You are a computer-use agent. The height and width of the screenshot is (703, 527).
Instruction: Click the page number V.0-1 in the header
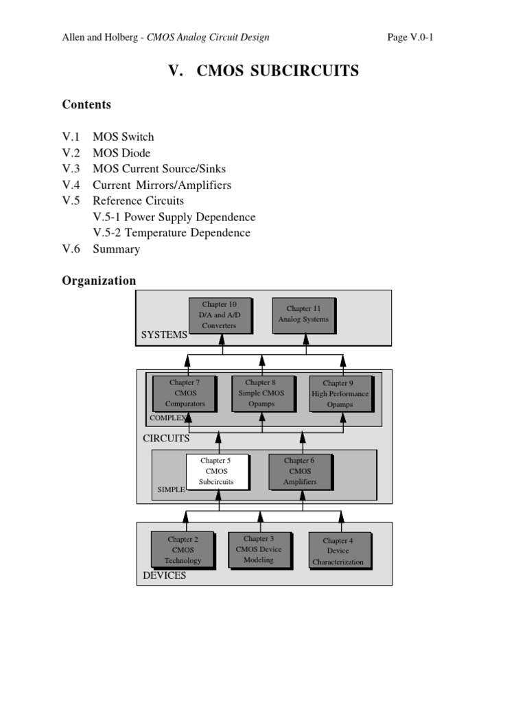410,37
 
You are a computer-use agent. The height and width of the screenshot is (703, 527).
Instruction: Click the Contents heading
86,104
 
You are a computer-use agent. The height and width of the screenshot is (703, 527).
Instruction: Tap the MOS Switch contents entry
124,137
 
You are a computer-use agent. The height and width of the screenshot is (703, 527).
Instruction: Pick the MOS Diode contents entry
121,152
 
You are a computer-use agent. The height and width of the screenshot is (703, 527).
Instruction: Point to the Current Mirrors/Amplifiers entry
162,185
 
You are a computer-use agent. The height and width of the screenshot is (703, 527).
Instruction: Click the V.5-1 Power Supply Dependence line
174,217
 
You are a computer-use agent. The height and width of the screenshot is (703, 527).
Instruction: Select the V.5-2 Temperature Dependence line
172,233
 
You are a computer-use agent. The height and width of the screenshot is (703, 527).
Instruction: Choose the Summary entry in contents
117,249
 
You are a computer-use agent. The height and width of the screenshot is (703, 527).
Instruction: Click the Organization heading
99,280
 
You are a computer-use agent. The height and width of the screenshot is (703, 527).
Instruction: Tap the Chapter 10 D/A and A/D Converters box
219,315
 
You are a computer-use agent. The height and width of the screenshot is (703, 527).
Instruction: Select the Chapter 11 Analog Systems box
303,314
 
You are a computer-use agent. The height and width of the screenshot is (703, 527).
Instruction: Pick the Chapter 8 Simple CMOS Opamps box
261,393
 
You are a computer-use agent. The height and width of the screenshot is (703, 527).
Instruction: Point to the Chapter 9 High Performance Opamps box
340,394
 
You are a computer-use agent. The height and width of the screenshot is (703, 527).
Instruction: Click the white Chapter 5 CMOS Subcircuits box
216,472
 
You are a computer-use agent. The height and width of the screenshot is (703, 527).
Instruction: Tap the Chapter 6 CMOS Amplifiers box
300,472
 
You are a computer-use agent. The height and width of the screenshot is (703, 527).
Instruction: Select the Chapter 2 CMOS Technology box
183,550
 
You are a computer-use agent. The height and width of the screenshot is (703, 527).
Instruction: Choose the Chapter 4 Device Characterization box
338,551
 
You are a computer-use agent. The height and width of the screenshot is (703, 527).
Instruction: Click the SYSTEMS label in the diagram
165,334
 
